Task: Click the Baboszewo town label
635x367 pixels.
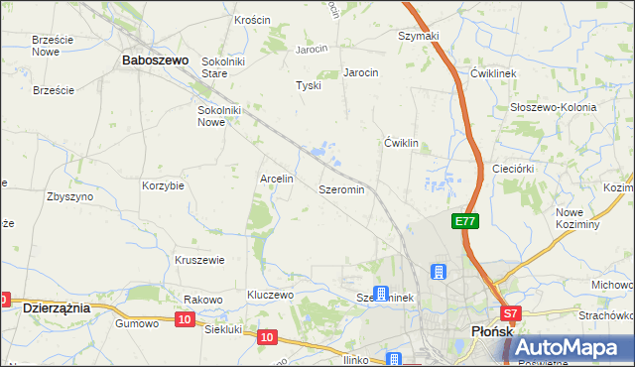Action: (x=155, y=61)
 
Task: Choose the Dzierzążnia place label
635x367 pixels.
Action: (x=57, y=308)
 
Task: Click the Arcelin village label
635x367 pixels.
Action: (x=276, y=180)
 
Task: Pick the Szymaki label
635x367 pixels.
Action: (x=419, y=36)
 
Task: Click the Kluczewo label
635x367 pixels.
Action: (x=271, y=296)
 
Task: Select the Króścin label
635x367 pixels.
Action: (x=252, y=20)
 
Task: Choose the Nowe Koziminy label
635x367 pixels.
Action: (x=577, y=218)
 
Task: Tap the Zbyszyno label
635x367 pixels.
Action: (x=69, y=196)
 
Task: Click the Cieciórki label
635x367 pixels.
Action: (x=514, y=169)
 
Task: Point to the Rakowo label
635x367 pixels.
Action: (x=202, y=300)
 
